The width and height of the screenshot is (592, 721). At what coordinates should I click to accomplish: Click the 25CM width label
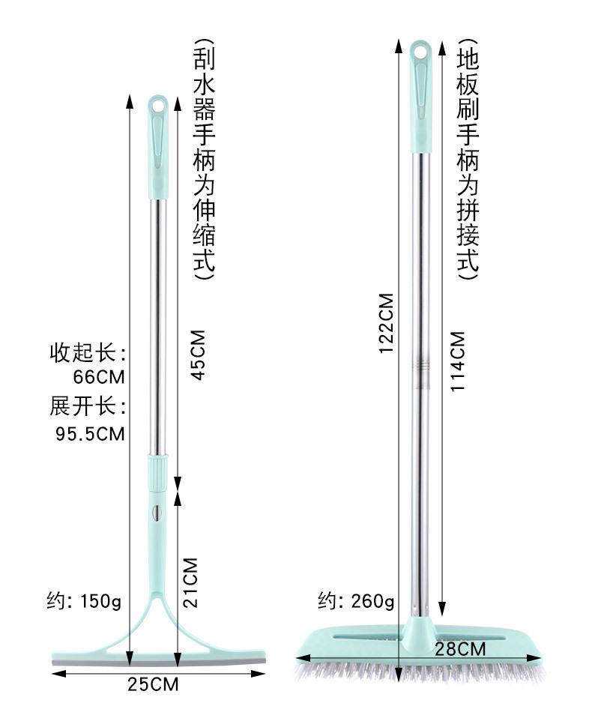153,684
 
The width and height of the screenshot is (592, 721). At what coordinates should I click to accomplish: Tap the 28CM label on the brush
460,649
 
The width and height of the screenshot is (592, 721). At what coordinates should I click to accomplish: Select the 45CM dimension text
199,355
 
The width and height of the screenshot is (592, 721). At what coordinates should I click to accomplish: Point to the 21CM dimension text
190,582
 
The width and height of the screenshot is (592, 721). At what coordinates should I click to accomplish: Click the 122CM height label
387,323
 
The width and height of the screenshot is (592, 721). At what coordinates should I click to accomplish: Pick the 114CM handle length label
458,361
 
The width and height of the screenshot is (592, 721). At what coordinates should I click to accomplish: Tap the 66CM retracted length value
99,377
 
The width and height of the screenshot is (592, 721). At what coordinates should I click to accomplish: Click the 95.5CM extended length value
91,434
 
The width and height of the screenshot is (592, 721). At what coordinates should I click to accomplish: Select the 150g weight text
101,601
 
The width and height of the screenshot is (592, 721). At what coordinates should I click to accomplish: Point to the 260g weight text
372,600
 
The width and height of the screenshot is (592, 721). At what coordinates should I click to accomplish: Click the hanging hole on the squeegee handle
158,105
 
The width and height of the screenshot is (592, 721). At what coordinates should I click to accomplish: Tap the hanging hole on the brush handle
420,52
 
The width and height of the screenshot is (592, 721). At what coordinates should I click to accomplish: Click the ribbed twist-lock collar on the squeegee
157,473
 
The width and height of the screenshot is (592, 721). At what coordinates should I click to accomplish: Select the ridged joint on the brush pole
421,366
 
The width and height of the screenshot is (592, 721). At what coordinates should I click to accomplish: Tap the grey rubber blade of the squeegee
159,662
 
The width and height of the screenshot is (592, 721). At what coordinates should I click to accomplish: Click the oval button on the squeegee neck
157,513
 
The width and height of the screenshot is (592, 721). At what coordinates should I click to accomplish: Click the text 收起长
82,353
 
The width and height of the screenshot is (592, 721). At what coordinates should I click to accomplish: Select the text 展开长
82,406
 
